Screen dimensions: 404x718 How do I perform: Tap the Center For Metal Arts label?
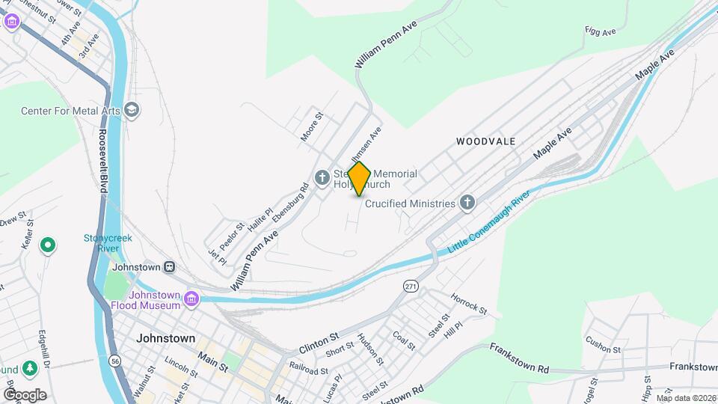click(70, 111)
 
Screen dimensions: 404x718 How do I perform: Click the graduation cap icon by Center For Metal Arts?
click(133, 111)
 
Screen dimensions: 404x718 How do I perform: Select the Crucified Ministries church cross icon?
click(467, 203)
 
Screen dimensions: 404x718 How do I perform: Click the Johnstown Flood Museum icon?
click(191, 299)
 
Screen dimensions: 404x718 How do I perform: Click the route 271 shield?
click(410, 287)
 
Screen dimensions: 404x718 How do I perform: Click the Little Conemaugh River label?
click(489, 221)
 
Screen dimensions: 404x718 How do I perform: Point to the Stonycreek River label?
click(107, 245)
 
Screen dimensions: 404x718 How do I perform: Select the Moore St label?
click(311, 127)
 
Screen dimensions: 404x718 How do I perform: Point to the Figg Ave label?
click(601, 31)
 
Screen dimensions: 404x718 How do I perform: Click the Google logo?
click(24, 394)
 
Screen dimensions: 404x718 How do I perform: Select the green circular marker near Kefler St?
click(48, 245)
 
